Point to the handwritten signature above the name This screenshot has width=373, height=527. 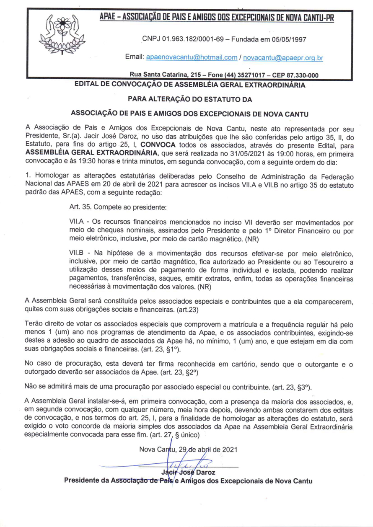188,463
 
